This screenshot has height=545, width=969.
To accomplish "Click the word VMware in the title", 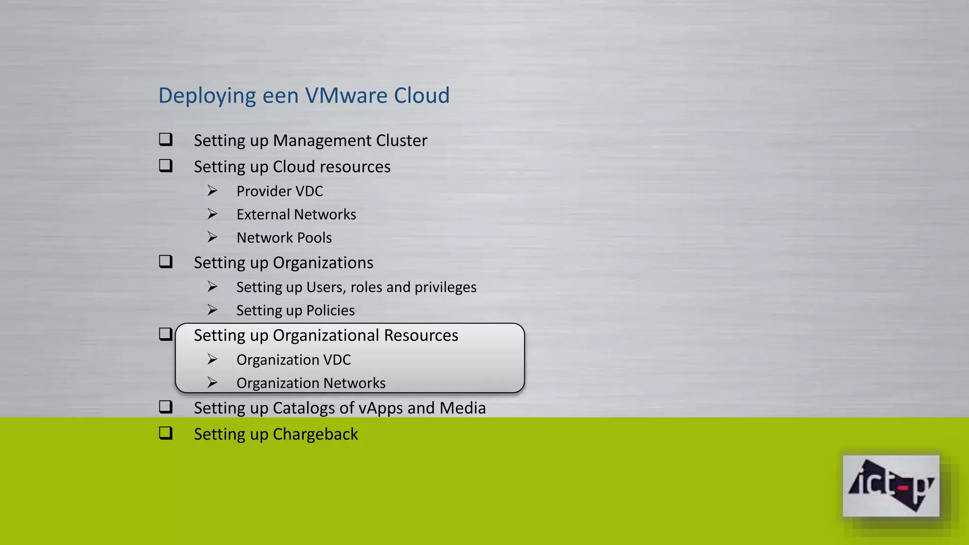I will coord(346,96).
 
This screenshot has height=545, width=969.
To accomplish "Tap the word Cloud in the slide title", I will coord(422,96).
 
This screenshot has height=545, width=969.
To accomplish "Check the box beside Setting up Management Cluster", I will coord(166,140).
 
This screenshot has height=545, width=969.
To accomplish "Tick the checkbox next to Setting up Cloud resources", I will coord(166,166).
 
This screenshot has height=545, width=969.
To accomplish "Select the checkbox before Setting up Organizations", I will coord(166,262).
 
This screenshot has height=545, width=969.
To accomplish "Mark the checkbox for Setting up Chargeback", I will coord(166,433).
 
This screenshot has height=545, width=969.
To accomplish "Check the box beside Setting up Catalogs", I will coord(166,407).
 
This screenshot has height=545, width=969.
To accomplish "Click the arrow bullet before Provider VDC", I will coord(212,191).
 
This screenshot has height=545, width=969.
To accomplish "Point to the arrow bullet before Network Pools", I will coord(212,237).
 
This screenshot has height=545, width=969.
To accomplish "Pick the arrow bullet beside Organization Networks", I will coord(212,382).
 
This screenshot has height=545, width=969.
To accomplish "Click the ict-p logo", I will coord(890,486).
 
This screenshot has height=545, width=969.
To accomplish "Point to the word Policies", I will coord(330,310).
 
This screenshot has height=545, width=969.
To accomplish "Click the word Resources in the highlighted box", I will coord(421,335).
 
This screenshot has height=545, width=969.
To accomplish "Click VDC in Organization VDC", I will coord(337,360).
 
